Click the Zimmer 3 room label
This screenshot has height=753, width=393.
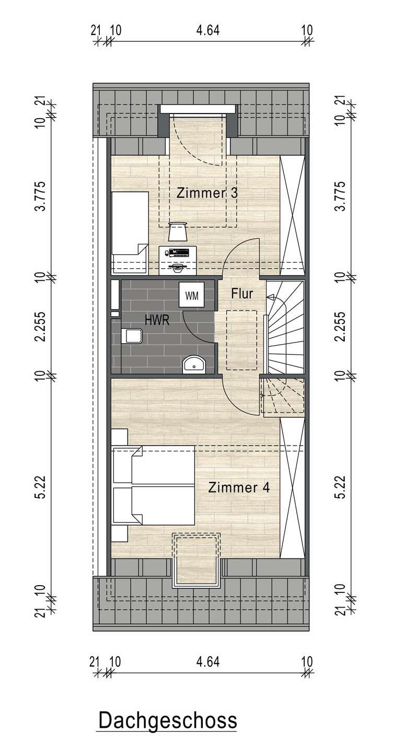tap(207, 193)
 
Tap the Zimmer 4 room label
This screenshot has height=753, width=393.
tap(239, 487)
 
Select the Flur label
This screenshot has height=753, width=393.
tap(242, 293)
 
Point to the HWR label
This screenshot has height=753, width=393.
tap(157, 320)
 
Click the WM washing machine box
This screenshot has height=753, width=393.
tap(192, 295)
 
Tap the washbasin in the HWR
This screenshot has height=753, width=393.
tap(194, 364)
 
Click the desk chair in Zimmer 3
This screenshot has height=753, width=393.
tap(177, 232)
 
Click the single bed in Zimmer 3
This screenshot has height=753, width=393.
tap(130, 233)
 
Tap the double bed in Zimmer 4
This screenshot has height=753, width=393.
tap(154, 485)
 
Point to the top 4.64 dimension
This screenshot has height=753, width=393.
tap(208, 30)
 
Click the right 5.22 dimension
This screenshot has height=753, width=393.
tap(341, 487)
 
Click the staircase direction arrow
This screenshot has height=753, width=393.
tap(270, 297)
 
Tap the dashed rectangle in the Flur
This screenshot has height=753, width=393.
tap(242, 340)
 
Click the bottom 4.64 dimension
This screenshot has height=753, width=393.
tap(208, 661)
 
